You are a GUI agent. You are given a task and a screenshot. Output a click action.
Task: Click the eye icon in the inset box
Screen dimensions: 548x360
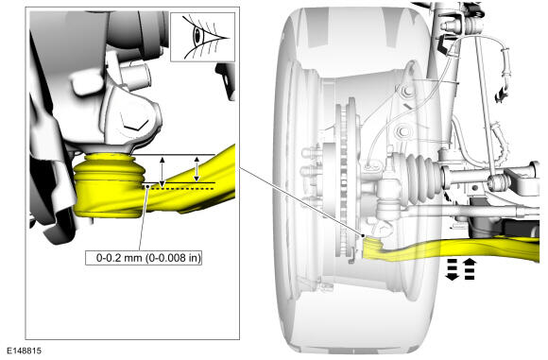203,37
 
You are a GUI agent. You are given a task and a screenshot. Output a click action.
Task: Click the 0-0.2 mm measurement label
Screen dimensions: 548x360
144,258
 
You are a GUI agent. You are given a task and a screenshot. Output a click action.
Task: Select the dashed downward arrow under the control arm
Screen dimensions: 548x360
453,269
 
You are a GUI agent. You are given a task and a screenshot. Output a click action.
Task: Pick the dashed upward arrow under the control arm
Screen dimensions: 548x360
470,269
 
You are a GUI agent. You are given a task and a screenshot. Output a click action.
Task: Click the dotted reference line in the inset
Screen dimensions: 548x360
182,189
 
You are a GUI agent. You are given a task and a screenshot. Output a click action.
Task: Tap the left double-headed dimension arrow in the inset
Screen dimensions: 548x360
162,172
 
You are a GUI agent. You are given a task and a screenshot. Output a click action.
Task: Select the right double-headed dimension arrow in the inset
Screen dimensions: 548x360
197,169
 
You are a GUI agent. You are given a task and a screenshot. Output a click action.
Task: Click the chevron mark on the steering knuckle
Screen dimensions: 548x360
135,125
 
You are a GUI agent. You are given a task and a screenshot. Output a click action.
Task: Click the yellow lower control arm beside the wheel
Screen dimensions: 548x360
451,249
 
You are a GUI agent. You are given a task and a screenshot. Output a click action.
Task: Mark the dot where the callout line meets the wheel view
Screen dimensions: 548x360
364,235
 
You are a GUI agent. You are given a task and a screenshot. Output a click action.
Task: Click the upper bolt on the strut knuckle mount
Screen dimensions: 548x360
406,93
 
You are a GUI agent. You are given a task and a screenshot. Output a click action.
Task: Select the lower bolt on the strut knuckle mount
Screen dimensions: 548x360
402,131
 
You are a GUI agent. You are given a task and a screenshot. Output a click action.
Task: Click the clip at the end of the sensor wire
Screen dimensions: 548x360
501,94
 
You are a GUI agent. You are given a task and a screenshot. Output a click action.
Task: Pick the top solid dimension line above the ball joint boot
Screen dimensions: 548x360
173,154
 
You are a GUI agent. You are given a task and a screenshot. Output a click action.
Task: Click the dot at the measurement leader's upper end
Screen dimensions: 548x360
147,187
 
